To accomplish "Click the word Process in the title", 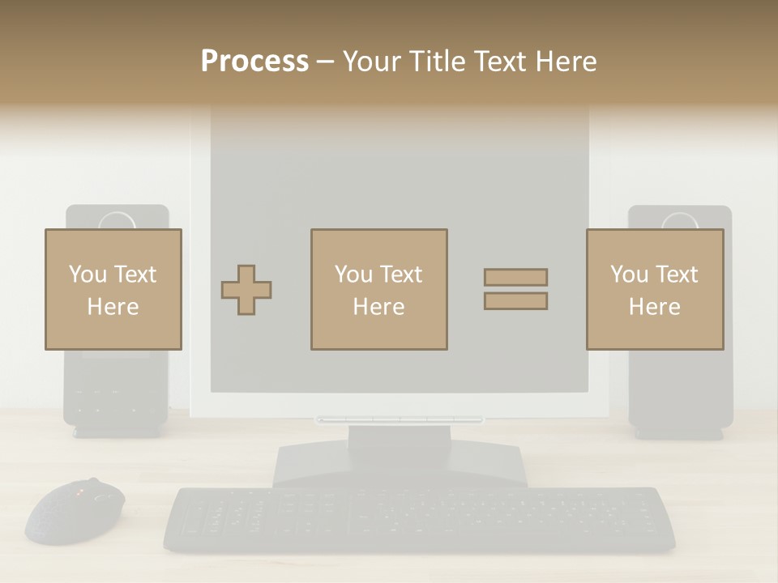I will (254, 62).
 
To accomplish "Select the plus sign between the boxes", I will (246, 290).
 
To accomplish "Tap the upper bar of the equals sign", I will (515, 277).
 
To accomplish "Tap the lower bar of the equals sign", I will (515, 301).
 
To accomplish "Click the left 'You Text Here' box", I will (113, 289).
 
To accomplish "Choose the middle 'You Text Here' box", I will (378, 289).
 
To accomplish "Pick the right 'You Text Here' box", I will (654, 289).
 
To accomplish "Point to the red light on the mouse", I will (80, 492).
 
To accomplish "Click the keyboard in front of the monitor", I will (419, 519).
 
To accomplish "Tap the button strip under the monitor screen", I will (400, 419).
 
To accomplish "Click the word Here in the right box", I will (654, 307).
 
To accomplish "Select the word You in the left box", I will (88, 274).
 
